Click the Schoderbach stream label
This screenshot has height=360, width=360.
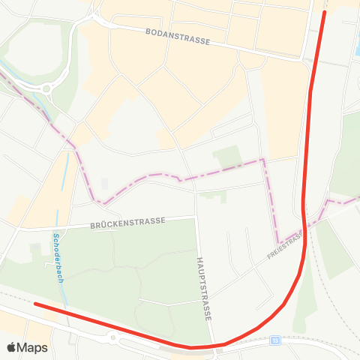pos(57,259)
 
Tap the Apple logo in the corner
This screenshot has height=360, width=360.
pos(12,348)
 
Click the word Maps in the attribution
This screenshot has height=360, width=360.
pos(33,348)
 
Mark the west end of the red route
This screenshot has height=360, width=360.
pos(36,304)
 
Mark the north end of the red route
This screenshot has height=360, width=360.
pos(325,12)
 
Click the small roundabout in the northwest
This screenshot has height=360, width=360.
pos(47,88)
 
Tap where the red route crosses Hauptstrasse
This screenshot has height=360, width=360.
pos(214,346)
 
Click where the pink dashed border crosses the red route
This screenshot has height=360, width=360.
pos(304,225)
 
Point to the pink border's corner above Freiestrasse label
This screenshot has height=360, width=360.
pos(263,160)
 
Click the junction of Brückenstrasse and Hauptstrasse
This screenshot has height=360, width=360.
pos(196,218)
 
